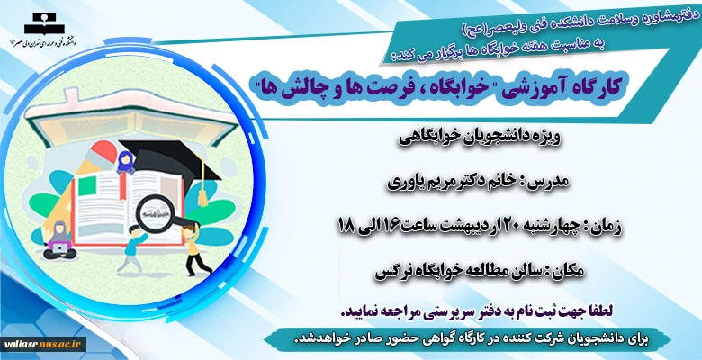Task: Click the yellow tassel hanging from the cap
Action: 202,188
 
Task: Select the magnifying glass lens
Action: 154,212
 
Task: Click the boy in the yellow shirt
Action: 193,248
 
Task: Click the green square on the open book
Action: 87,186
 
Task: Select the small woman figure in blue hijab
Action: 125,163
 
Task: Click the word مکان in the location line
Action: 568,271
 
